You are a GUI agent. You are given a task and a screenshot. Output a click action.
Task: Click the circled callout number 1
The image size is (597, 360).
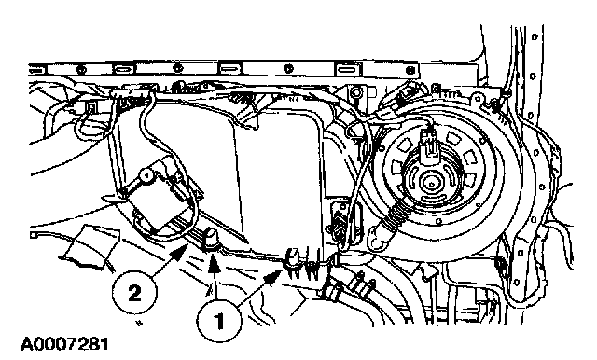[219, 321]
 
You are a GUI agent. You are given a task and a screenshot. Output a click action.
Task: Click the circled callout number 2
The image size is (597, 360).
[133, 294]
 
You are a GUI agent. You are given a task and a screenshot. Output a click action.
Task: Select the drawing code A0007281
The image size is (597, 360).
[64, 344]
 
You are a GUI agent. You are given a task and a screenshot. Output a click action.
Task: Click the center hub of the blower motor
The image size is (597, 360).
[431, 185]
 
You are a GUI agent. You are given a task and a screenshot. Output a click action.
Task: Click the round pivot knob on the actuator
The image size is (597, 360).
[146, 175]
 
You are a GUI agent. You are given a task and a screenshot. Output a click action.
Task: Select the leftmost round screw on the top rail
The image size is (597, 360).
[81, 70]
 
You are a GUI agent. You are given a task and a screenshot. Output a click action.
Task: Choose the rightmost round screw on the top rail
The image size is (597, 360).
[410, 70]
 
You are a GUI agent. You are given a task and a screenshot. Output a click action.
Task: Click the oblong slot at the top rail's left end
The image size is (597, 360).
[35, 70]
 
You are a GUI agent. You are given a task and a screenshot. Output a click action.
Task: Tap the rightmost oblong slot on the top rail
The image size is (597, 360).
[346, 70]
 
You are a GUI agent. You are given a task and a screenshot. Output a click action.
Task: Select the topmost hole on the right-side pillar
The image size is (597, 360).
[535, 37]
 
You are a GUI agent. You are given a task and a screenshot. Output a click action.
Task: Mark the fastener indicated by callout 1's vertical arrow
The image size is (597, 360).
[210, 240]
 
